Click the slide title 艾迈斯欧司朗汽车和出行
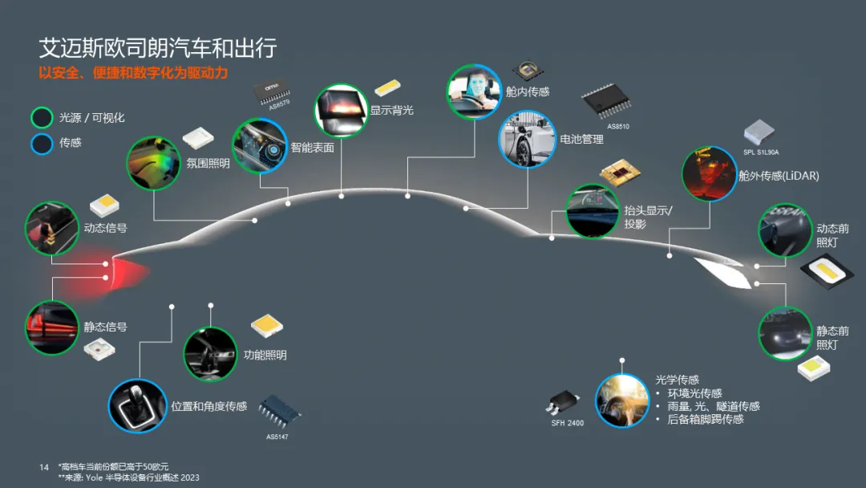click(157, 48)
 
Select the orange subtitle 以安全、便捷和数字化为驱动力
click(134, 73)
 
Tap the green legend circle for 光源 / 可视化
click(42, 118)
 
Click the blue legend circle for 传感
click(42, 143)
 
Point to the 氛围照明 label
click(208, 164)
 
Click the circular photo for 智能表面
click(260, 146)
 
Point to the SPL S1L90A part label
click(761, 152)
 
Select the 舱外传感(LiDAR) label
click(779, 176)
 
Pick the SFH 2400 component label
click(567, 423)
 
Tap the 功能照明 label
click(265, 355)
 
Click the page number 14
click(44, 466)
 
